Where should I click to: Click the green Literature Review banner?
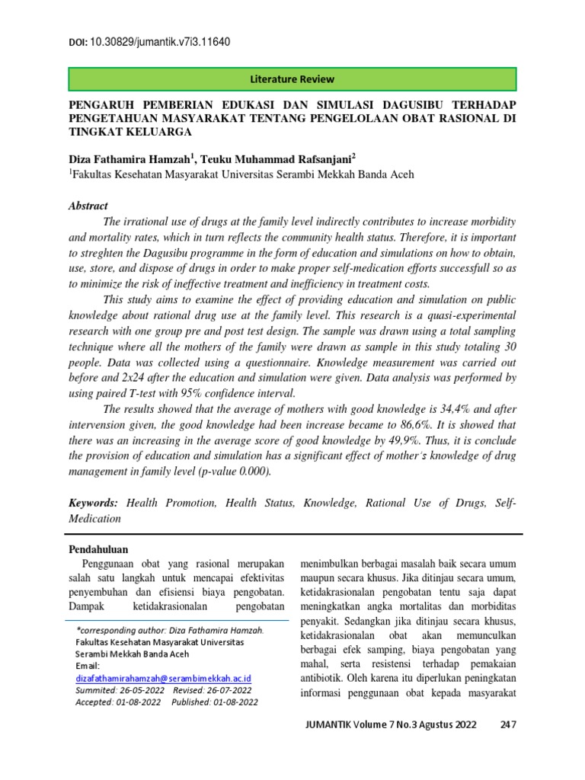[x=292, y=79]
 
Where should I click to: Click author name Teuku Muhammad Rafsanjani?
[x=278, y=158]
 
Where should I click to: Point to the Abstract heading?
[x=88, y=206]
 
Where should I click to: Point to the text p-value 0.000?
[x=235, y=472]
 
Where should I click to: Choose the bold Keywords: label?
[x=94, y=503]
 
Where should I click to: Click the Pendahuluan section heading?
[x=99, y=549]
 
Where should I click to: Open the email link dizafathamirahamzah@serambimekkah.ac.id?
[x=164, y=677]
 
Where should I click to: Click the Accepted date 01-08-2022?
[x=139, y=702]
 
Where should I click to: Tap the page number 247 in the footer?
[x=508, y=724]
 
